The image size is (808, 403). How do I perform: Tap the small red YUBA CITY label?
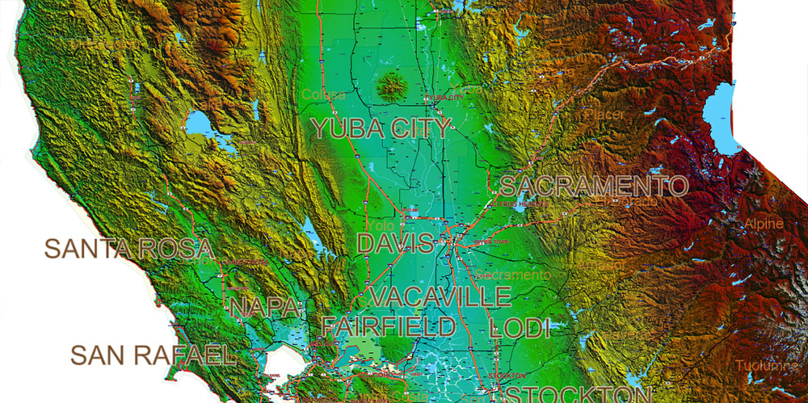tap(445, 97)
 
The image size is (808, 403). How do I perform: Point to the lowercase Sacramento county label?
tap(513, 275)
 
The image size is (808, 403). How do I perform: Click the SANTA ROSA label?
tap(128, 249)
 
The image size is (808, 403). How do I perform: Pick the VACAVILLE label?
tap(441, 296)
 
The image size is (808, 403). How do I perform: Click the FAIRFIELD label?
tap(389, 326)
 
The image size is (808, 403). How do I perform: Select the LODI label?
tap(520, 328)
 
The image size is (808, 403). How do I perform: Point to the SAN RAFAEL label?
tap(153, 355)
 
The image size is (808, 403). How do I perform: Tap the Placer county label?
tap(606, 115)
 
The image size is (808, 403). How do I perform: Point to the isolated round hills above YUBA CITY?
tap(393, 83)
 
